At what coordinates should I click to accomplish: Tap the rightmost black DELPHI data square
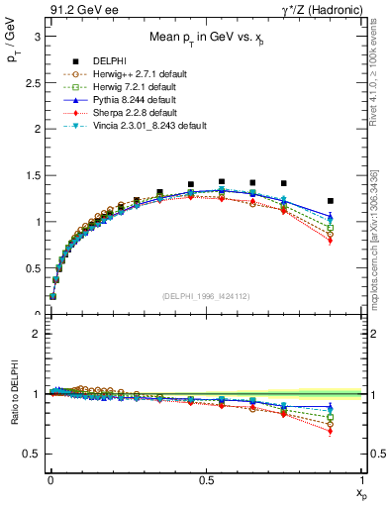(331, 201)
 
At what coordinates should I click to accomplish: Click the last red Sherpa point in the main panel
(331, 241)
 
